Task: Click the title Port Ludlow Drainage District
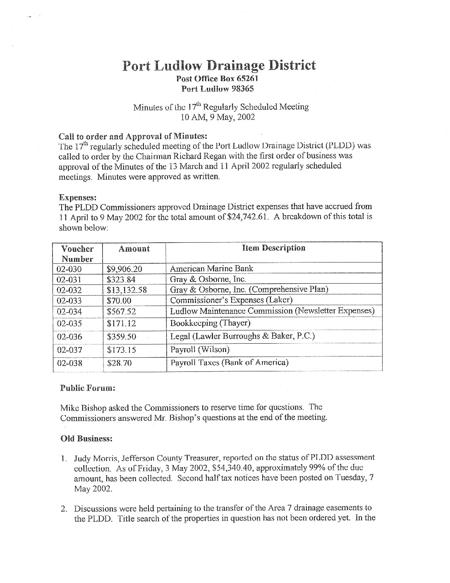click(219, 66)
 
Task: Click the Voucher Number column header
click(77, 254)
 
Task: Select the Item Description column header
click(273, 248)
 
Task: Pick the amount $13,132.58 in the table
click(127, 290)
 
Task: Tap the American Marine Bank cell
click(211, 268)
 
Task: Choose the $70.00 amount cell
click(119, 301)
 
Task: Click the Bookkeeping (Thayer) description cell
click(210, 323)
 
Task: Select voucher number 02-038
click(69, 363)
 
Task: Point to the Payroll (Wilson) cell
click(200, 349)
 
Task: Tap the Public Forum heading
click(88, 388)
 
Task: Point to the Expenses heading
click(78, 197)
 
